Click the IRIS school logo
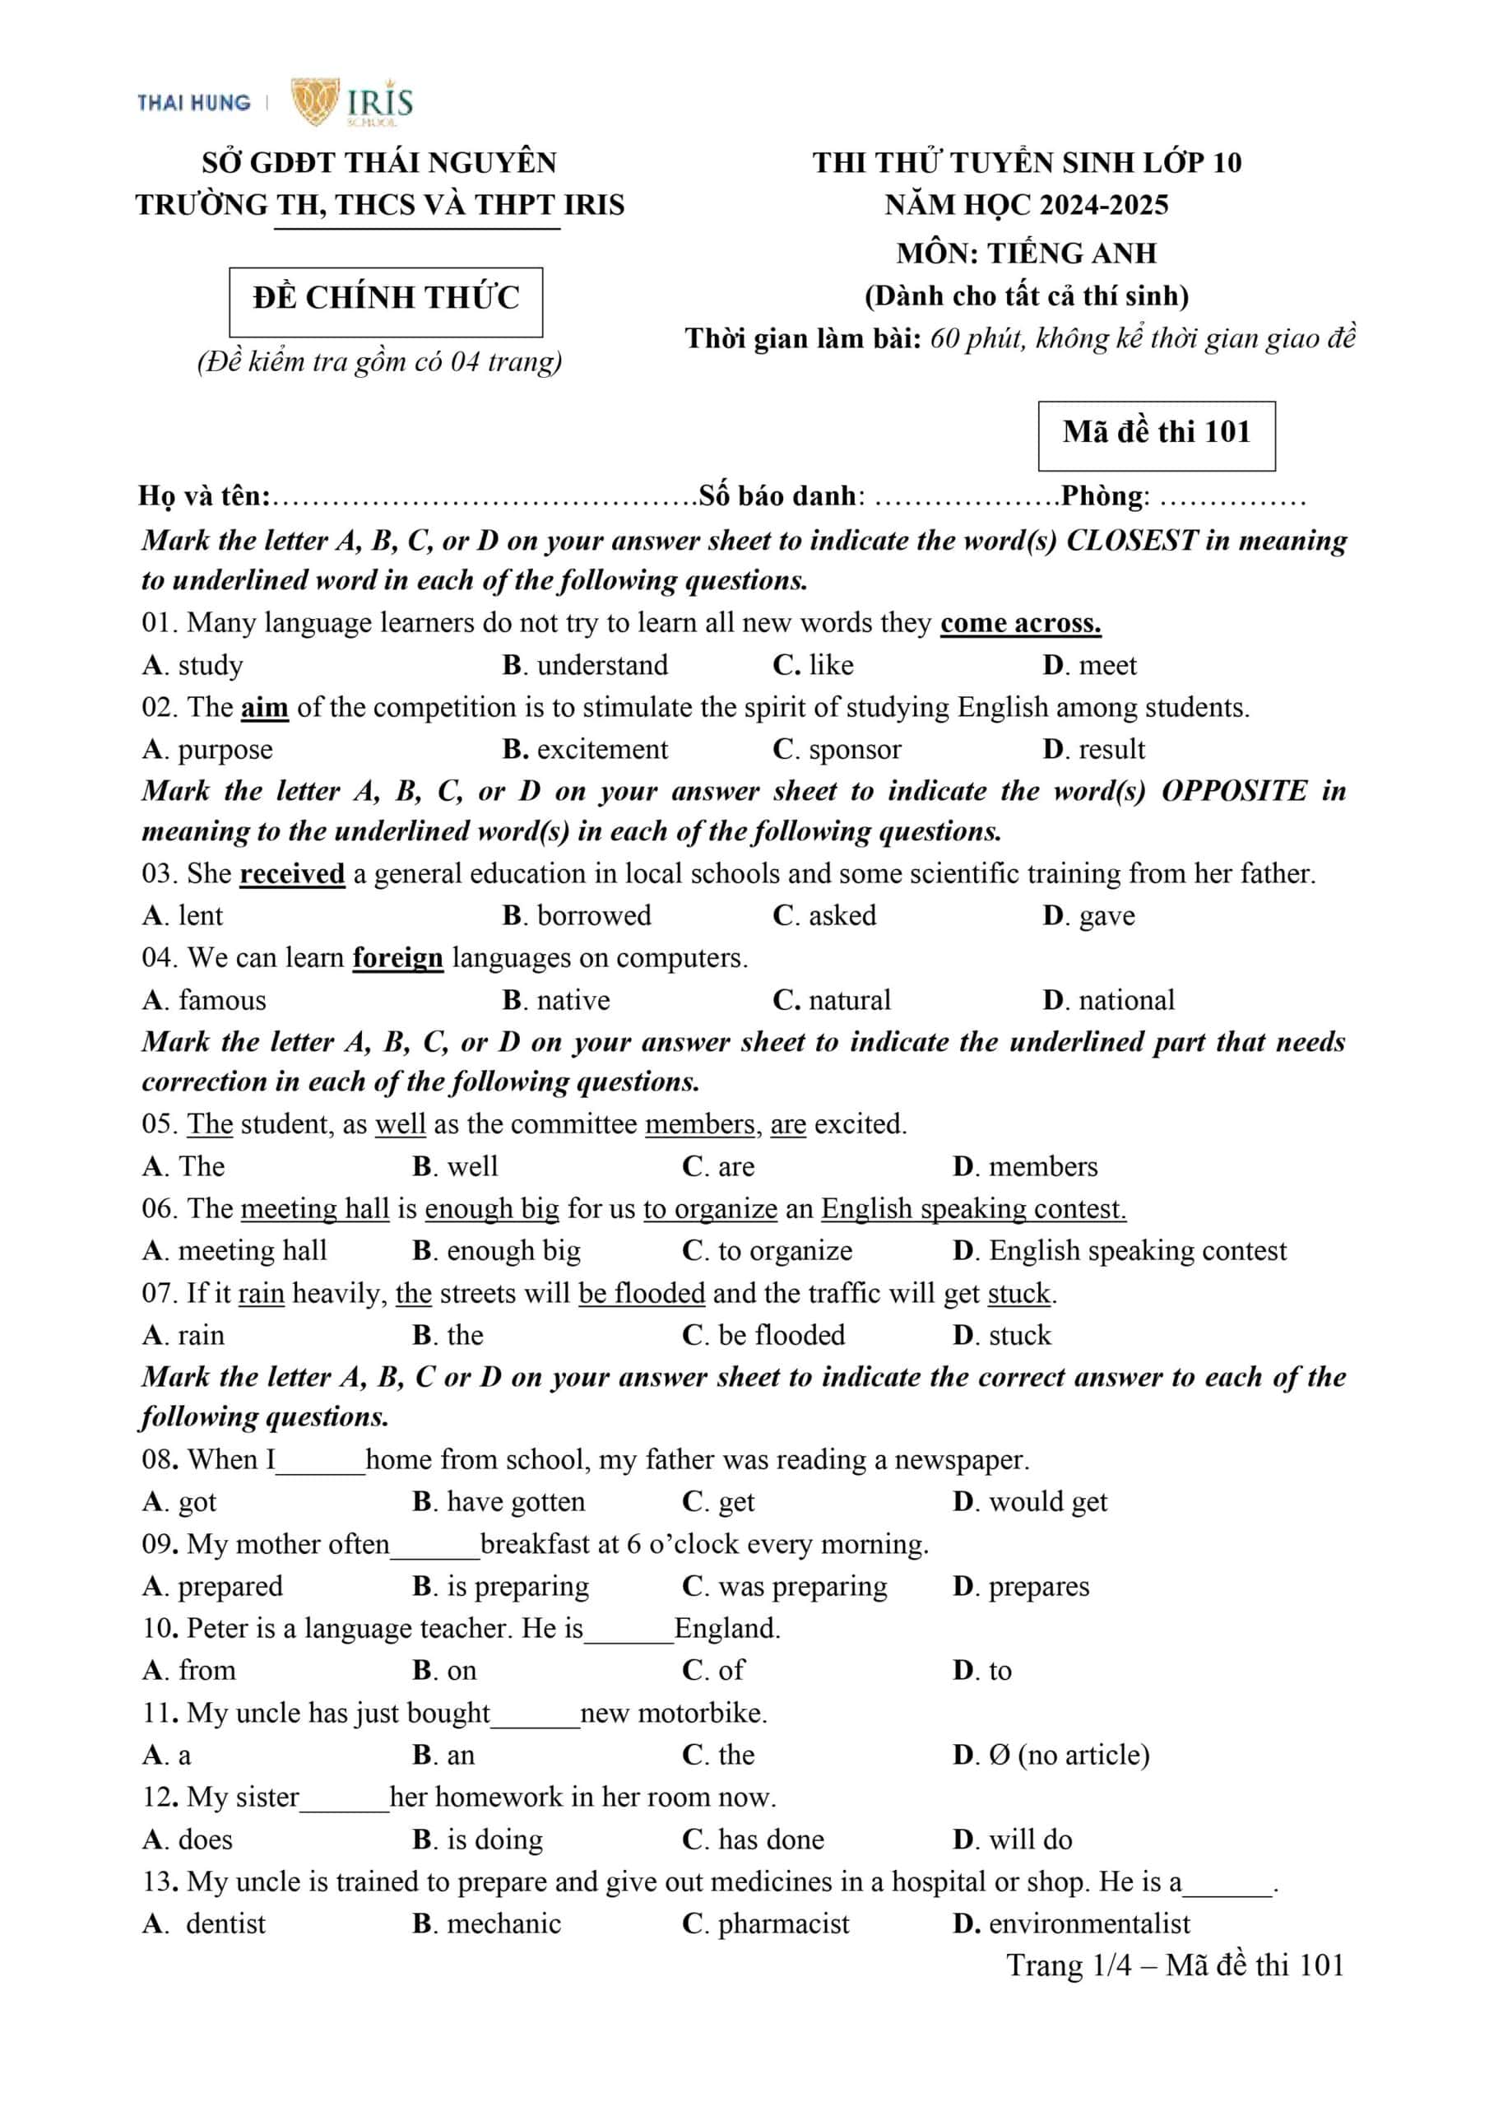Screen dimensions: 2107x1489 (x=352, y=102)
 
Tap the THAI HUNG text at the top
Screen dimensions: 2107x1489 (x=193, y=103)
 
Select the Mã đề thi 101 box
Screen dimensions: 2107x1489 (x=1156, y=433)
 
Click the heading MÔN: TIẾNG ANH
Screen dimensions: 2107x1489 (x=1026, y=253)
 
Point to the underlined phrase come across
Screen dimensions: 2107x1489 (x=1020, y=623)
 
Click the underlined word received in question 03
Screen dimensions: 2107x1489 (x=292, y=873)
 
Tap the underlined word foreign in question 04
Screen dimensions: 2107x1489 (x=397, y=958)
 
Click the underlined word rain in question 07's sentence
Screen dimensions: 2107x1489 (x=261, y=1294)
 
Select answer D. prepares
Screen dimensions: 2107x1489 (x=1021, y=1586)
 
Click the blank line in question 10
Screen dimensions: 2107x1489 (x=629, y=1630)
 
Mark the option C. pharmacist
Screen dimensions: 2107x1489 (x=766, y=1923)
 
